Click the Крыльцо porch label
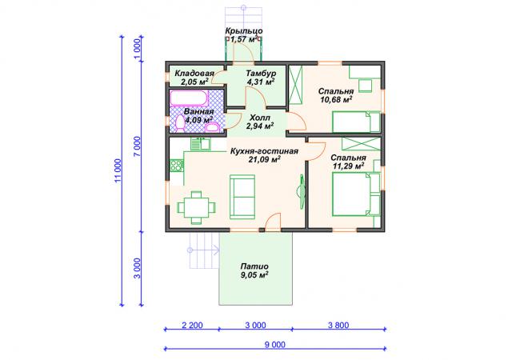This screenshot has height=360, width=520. pyautogui.click(x=244, y=31)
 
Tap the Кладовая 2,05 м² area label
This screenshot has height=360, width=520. pyautogui.click(x=194, y=78)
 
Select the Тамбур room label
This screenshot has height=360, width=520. pyautogui.click(x=261, y=73)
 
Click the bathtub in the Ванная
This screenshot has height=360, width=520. pyautogui.click(x=189, y=98)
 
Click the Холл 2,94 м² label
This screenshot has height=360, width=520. pyautogui.click(x=260, y=122)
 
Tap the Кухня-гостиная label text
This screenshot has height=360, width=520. pyautogui.click(x=264, y=151)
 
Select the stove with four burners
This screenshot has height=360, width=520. pyautogui.click(x=177, y=166)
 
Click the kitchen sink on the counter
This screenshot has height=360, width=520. pyautogui.click(x=201, y=144)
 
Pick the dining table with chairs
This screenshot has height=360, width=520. pyautogui.click(x=196, y=207)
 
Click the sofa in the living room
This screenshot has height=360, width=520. pyautogui.click(x=242, y=197)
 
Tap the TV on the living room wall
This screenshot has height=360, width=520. pyautogui.click(x=302, y=192)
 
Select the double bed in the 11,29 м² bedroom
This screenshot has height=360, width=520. pyautogui.click(x=356, y=194)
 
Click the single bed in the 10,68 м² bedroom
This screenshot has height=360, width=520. pyautogui.click(x=356, y=122)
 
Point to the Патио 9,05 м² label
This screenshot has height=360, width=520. pyautogui.click(x=254, y=271)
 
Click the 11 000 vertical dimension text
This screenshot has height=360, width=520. pyautogui.click(x=118, y=170)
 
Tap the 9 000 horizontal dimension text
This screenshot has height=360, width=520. pyautogui.click(x=275, y=345)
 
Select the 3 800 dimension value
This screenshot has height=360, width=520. pyautogui.click(x=338, y=325)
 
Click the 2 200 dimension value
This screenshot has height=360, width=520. pyautogui.click(x=192, y=325)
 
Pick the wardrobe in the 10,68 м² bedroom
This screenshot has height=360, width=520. pyautogui.click(x=295, y=85)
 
